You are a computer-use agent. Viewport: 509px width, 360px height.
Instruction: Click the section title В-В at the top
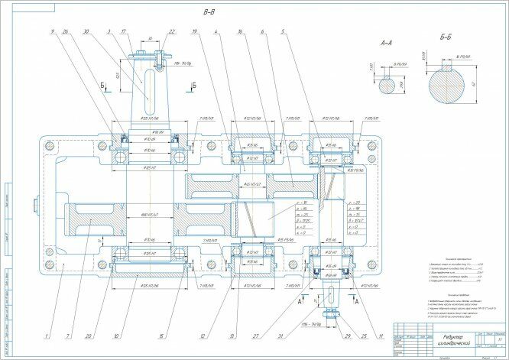[208, 13]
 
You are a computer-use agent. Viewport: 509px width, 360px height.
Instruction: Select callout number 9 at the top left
[53, 32]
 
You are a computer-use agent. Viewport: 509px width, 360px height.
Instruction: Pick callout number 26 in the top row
[66, 32]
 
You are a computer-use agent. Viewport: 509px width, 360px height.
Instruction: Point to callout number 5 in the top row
[283, 32]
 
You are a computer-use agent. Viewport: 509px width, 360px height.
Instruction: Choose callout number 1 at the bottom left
[47, 336]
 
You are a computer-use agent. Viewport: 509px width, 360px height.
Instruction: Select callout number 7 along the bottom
[69, 336]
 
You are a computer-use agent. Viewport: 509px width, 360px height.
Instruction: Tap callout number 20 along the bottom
[91, 336]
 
